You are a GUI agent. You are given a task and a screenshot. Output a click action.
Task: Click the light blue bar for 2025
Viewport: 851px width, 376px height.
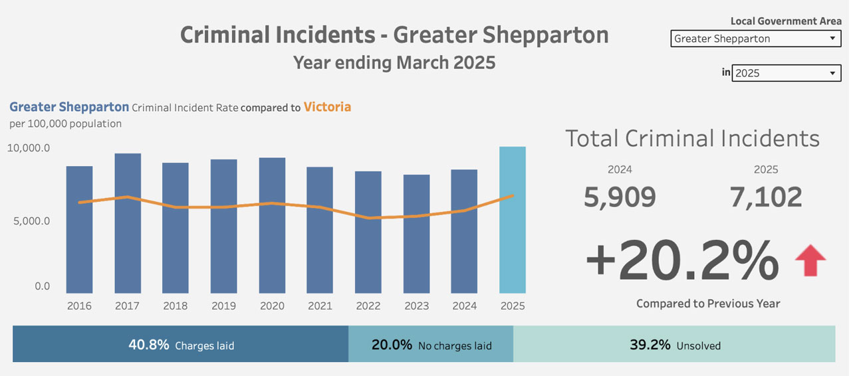[x=513, y=220]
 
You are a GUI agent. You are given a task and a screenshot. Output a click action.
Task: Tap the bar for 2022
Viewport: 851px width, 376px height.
[x=368, y=232]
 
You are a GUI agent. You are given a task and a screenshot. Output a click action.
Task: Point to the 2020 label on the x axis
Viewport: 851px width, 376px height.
[x=272, y=306]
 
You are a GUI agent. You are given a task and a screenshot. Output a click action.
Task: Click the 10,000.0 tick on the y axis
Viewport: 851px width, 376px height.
[x=29, y=148]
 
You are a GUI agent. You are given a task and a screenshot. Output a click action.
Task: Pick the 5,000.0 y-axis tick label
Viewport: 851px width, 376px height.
[x=31, y=221]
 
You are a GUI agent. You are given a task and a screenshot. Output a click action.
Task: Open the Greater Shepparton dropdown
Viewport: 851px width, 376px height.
[x=756, y=39]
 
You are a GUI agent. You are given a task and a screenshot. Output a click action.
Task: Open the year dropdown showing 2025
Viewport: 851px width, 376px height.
[x=787, y=73]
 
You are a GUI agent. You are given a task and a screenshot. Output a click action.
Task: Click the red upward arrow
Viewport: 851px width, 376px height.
[x=810, y=260]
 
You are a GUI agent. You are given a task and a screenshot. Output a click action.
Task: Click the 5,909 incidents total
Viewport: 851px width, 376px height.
[x=620, y=197]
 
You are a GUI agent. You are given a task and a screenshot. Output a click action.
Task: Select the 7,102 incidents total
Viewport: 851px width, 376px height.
[x=766, y=197]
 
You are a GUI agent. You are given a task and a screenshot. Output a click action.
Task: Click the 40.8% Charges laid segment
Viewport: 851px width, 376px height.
[x=180, y=345]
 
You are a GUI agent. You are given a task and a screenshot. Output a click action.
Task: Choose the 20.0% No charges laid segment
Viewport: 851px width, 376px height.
[x=431, y=345]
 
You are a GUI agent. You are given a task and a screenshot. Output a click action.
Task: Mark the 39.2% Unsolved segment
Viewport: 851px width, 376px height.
[x=674, y=345]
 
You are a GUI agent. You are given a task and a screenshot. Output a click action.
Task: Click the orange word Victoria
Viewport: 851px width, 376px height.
[x=327, y=107]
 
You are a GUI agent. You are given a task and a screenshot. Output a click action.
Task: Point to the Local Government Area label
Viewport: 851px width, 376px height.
[x=786, y=21]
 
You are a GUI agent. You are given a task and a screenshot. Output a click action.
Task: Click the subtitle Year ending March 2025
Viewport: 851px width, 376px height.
[x=394, y=63]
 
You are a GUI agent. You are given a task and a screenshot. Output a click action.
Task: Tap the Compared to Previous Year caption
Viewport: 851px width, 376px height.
[x=708, y=304]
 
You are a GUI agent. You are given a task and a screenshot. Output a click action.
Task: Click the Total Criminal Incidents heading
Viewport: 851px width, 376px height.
[x=692, y=138]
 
